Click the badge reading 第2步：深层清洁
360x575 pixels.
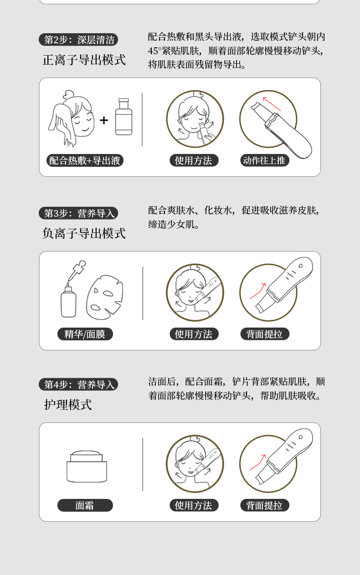click(78, 40)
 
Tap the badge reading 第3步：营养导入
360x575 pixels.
click(78, 213)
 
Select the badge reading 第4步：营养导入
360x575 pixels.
click(78, 385)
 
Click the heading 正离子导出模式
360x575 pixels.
click(84, 60)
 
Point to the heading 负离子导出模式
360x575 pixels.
click(84, 234)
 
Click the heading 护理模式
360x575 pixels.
click(68, 405)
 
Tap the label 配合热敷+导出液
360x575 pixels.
click(85, 160)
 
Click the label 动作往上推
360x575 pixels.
click(264, 160)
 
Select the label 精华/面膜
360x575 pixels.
click(85, 334)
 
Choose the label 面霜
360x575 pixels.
click(85, 505)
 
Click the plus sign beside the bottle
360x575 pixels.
click(104, 120)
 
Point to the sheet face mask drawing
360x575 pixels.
click(105, 296)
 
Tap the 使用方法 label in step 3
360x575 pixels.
click(194, 334)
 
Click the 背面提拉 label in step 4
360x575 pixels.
click(264, 505)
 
